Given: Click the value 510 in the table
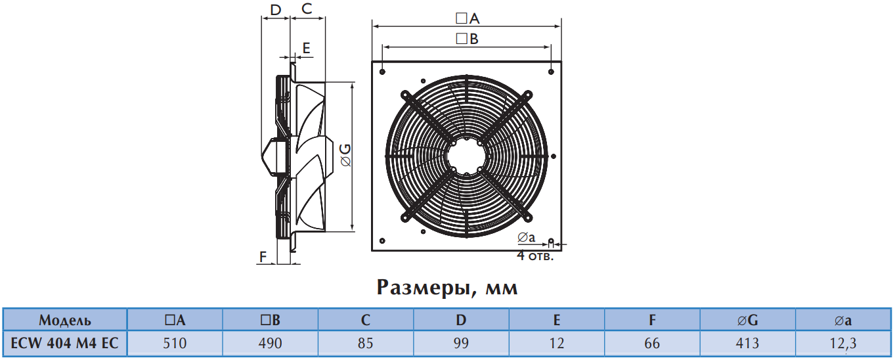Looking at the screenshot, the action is point(175,343).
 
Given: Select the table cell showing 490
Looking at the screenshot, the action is point(270,343).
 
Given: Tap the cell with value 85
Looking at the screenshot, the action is point(366,343).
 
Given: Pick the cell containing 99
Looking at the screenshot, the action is point(461,343).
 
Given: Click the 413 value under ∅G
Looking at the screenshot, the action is point(747,343).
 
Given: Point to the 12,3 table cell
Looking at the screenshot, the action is point(843,343).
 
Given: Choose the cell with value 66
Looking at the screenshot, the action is point(652,343).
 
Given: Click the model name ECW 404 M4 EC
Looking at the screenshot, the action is point(65,343).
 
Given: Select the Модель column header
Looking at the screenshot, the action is point(65,320).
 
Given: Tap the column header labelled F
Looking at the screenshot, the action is point(652,320).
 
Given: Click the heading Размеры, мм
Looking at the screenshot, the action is point(447,288).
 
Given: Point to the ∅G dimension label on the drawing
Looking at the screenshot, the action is point(345,156).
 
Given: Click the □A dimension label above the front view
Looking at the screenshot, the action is point(468,18).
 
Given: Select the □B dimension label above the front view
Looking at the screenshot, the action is point(467,39).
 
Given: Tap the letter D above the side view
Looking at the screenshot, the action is point(276,10).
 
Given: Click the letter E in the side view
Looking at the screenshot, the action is point(307,48).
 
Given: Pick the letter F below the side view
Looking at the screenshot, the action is point(263,256).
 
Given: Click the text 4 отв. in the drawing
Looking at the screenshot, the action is point(535,256).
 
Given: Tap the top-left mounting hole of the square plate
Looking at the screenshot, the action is point(382,72).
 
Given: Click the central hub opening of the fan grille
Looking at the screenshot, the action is point(466,156).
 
